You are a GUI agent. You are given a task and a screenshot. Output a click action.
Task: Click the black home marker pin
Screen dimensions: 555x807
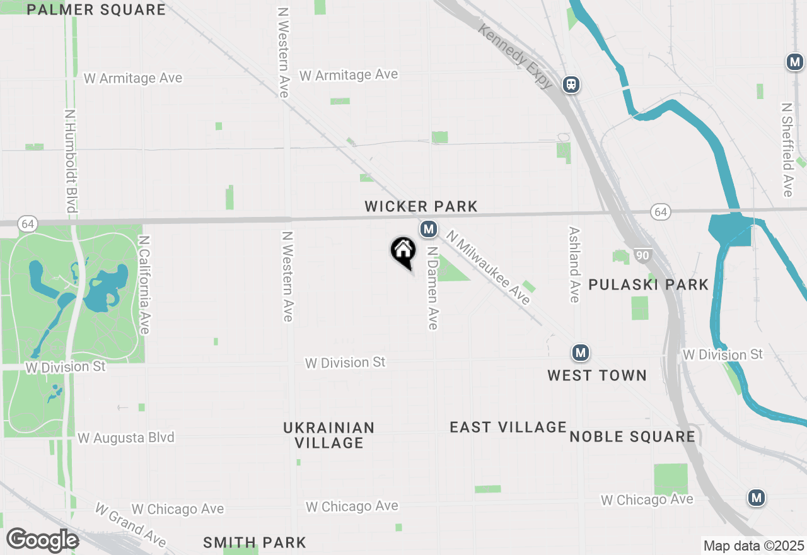click(403, 252)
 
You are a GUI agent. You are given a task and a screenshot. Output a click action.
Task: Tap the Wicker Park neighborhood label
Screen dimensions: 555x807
click(421, 206)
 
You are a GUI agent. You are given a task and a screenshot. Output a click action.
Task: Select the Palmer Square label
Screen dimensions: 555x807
click(96, 9)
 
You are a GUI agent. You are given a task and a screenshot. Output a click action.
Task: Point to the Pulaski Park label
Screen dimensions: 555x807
click(649, 284)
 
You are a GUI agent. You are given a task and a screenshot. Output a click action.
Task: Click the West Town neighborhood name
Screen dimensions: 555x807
click(596, 375)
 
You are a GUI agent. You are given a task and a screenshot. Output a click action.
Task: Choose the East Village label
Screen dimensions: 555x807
click(508, 427)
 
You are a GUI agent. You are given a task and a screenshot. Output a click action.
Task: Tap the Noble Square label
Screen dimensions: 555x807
click(632, 436)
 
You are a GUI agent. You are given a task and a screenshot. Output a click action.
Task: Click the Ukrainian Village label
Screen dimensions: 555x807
click(329, 435)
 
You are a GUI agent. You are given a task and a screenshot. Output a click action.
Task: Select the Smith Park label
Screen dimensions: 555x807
click(255, 542)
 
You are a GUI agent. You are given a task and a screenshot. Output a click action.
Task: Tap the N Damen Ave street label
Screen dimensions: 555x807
click(433, 288)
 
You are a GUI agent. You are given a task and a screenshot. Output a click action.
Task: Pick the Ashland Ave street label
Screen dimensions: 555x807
click(574, 265)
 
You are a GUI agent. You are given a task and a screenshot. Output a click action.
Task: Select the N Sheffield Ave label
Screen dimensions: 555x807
click(787, 150)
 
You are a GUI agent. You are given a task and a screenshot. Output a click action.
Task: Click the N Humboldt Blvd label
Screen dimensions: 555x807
click(70, 161)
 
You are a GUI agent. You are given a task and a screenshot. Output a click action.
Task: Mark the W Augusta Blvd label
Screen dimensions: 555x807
click(125, 438)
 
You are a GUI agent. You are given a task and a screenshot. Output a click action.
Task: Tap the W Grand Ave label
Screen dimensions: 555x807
click(131, 525)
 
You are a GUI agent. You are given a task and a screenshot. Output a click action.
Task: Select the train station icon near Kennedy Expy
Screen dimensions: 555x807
click(571, 84)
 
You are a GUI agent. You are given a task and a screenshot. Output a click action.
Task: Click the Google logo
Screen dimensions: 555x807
click(42, 540)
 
